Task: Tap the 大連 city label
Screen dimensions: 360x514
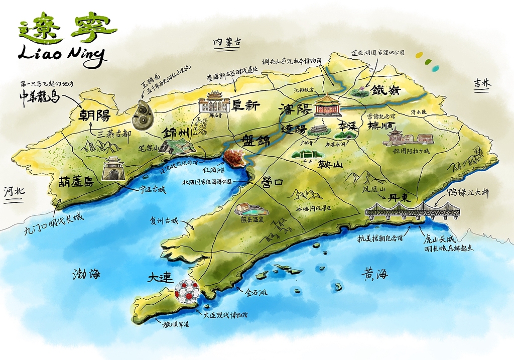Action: (161, 278)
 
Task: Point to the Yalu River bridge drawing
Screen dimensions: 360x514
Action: (412, 210)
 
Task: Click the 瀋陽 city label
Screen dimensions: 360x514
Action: (296, 109)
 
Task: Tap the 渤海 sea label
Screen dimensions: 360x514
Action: (86, 274)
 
